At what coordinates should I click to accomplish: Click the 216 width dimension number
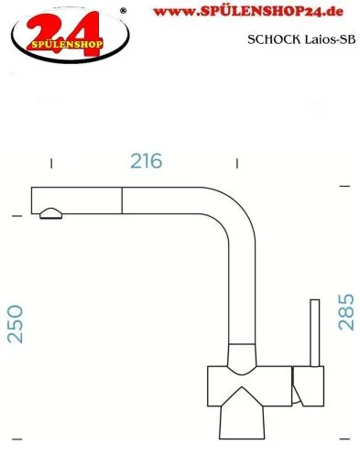[x=147, y=161]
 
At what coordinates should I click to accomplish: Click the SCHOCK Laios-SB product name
[x=300, y=39]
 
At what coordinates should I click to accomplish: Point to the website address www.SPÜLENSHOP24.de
[x=256, y=12]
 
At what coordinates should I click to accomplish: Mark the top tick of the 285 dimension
[x=344, y=187]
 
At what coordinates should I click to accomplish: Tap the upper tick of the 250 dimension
[x=16, y=216]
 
